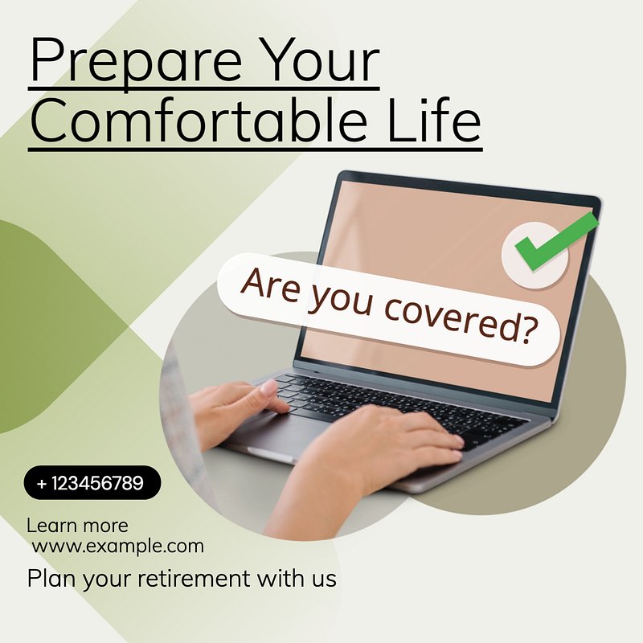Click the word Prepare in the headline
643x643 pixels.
coord(136,62)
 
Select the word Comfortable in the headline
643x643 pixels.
coord(199,119)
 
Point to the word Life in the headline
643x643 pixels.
coord(434,119)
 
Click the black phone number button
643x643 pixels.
coord(92,483)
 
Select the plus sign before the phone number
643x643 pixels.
coord(42,484)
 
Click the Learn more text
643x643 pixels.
coord(77,526)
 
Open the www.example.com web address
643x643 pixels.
coord(117,547)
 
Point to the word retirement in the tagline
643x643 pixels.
coord(194,578)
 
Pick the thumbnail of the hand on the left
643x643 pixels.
coord(268,387)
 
